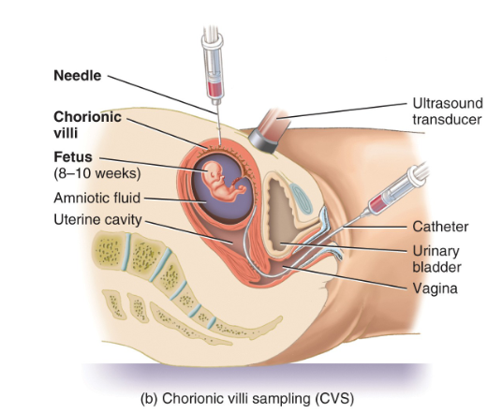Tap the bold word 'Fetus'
[x=72, y=159]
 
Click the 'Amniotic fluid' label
[x=96, y=198]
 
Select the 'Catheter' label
[x=440, y=228]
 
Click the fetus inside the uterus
[x=223, y=182]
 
